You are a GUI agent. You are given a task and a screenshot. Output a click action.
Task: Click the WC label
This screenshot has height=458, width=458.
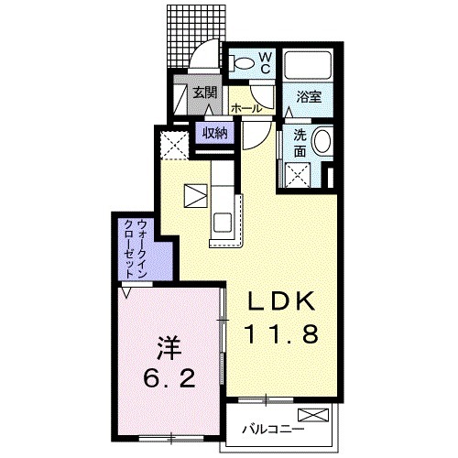coord(265,63)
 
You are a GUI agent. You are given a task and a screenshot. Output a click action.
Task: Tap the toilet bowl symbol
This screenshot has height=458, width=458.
coord(241,63)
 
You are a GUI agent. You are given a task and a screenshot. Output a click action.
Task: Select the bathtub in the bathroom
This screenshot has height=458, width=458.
coord(308,64)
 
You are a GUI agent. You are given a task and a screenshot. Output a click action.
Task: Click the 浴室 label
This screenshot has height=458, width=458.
coord(309,97)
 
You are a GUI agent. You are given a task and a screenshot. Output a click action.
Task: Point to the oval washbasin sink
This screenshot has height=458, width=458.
coord(322,141)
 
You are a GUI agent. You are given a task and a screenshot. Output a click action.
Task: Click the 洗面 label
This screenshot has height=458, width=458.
coord(300,144)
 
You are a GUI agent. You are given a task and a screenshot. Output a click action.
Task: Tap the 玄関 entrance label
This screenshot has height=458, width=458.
coord(204,92)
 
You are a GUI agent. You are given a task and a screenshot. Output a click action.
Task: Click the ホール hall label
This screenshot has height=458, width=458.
coord(246,108)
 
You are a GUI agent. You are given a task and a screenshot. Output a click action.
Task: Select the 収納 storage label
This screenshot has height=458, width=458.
coord(215,133)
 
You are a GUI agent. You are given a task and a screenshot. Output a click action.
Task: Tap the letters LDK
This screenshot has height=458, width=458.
coord(281,300)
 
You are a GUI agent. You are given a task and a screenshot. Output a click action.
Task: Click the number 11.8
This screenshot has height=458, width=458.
coord(281,333)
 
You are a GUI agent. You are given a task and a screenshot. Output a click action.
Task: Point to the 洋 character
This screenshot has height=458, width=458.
coord(169,348)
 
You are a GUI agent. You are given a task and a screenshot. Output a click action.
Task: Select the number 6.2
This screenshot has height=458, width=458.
coord(169,378)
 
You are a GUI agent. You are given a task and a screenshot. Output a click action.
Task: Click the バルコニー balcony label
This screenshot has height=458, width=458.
coord(273,430)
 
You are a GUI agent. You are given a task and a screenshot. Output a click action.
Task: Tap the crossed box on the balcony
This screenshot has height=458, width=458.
coord(313,415)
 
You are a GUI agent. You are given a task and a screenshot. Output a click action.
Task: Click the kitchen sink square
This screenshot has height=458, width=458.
coord(223,222)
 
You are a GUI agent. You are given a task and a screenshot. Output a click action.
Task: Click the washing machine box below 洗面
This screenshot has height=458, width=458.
coord(298,175)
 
